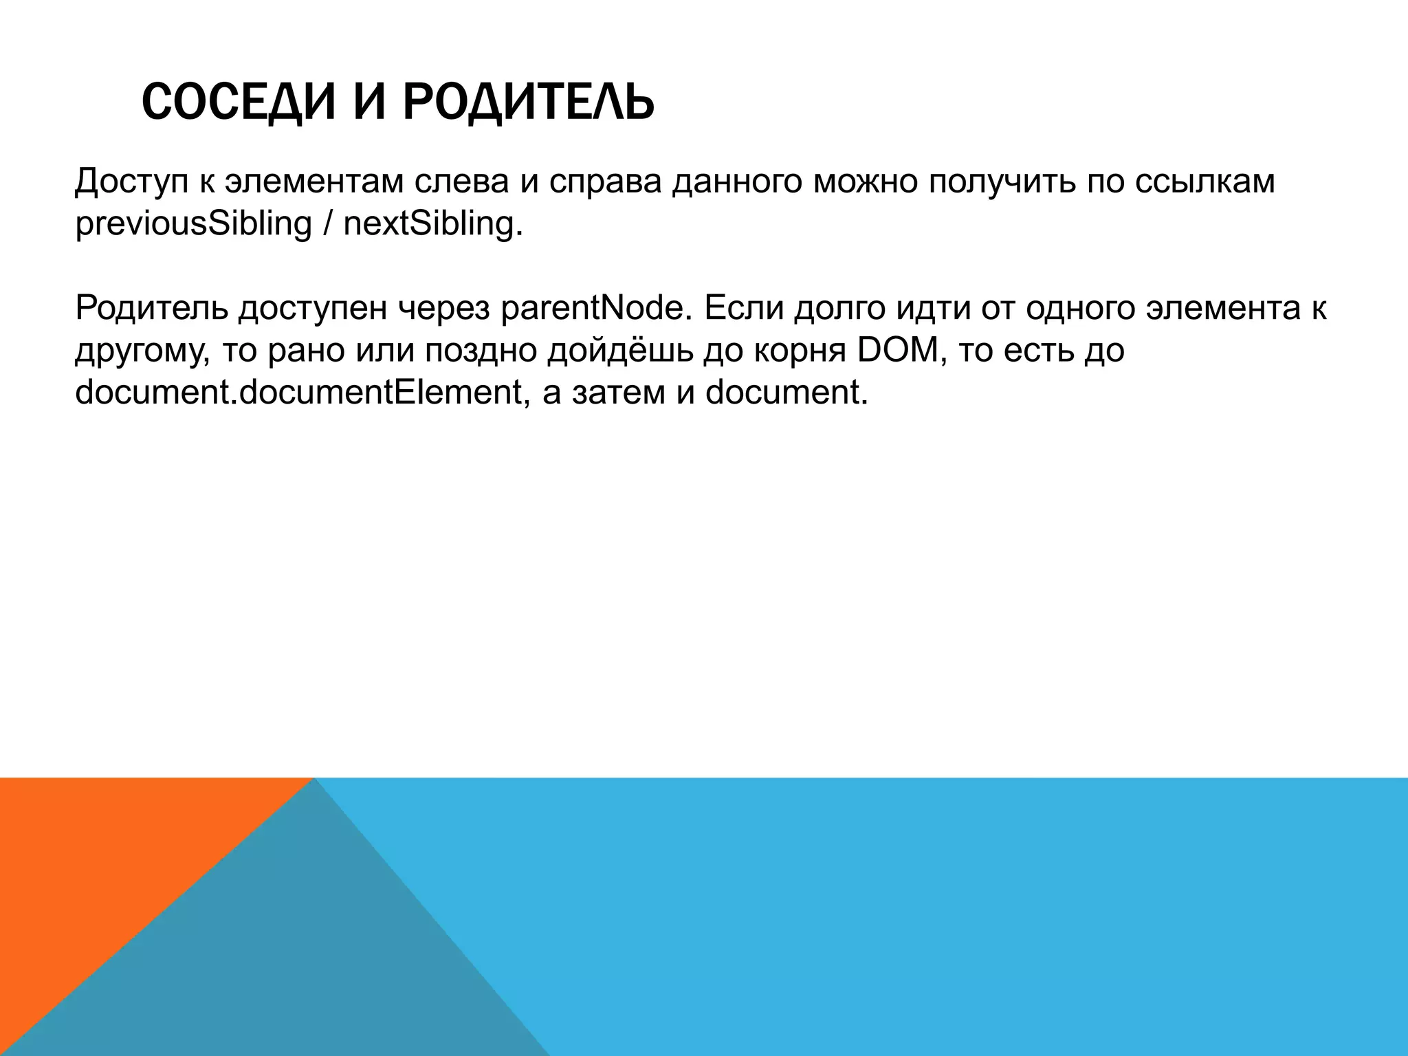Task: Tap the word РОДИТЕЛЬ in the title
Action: (528, 102)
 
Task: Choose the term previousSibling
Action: (193, 224)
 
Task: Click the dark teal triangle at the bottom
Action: (309, 962)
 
